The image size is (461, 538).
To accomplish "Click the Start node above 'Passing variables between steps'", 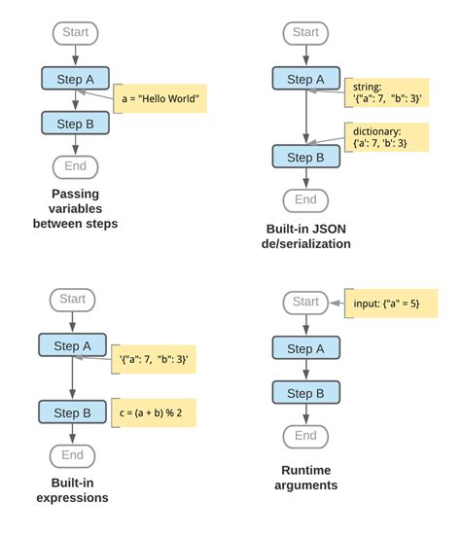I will [x=75, y=32].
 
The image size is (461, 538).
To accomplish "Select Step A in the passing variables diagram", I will [x=75, y=79].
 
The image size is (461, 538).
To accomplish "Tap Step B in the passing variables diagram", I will [x=75, y=124].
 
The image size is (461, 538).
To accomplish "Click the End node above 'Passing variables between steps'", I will [x=75, y=166].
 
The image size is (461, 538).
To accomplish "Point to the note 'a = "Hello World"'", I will [x=162, y=98].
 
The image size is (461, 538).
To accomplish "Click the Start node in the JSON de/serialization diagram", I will [x=305, y=32].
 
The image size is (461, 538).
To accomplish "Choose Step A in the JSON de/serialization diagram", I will [x=305, y=79].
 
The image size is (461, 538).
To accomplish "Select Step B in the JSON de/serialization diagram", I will [x=305, y=157].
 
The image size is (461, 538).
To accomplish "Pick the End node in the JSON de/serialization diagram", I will [x=305, y=199].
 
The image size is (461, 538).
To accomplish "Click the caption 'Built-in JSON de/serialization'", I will [x=305, y=236].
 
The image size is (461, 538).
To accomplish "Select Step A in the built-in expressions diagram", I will [x=72, y=346].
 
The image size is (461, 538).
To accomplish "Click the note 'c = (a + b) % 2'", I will [x=153, y=413].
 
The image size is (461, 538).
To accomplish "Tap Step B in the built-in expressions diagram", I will [x=72, y=413].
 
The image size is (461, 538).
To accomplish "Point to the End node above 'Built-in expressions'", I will [x=72, y=454].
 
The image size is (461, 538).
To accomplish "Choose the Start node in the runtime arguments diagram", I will [x=305, y=302].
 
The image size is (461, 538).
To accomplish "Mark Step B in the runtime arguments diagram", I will [x=305, y=393].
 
